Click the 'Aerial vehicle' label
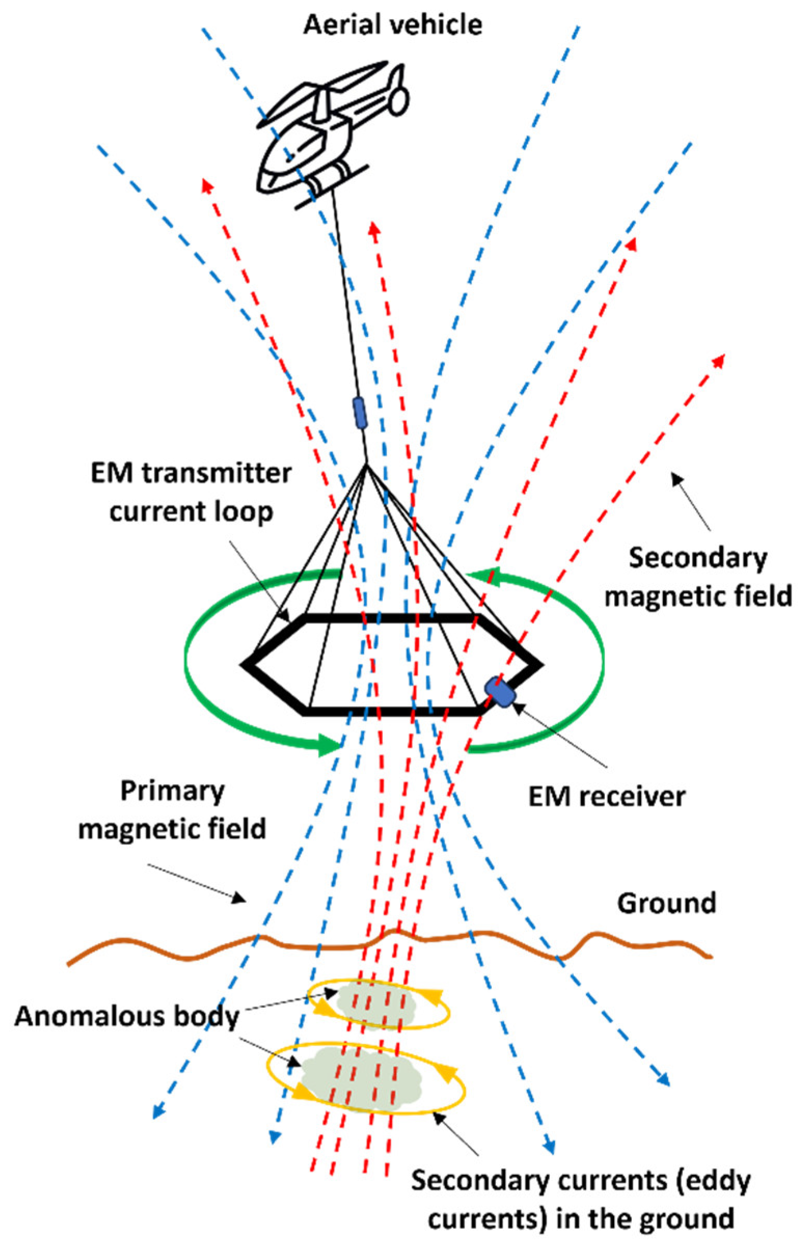pyautogui.click(x=393, y=24)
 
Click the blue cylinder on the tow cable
pyautogui.click(x=359, y=413)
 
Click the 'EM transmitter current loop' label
pyautogui.click(x=191, y=492)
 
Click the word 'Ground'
pyautogui.click(x=667, y=903)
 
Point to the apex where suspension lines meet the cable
pyautogui.click(x=367, y=463)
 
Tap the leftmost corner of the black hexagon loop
pyautogui.click(x=244, y=665)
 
